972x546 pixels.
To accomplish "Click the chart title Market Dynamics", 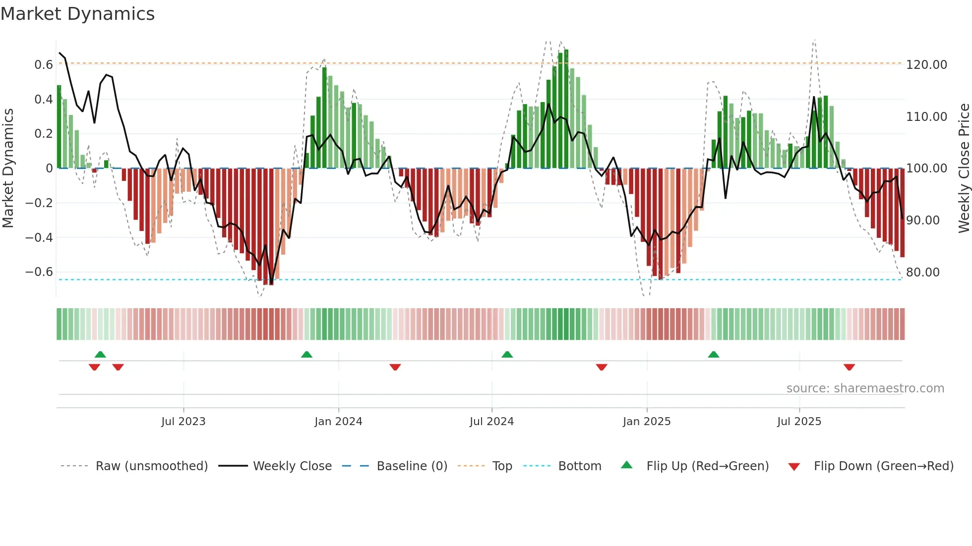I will (x=77, y=14).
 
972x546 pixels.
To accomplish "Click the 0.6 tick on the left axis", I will (x=44, y=65).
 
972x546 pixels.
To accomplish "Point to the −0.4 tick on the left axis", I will (x=39, y=238).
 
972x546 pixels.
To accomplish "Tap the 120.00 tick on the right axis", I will (x=926, y=65).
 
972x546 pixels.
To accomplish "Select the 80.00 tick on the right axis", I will (x=922, y=273).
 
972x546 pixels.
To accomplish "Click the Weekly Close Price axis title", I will (x=964, y=168).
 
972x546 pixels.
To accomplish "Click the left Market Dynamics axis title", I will (x=8, y=168).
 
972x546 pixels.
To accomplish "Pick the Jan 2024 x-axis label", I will (x=338, y=422).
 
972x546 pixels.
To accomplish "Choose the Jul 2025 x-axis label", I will (x=799, y=422).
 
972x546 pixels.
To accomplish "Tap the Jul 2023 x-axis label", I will (x=183, y=422).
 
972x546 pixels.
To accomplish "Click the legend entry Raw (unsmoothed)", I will (x=151, y=466).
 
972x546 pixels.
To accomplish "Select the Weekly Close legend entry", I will (x=292, y=466).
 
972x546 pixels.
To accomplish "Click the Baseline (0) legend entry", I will (x=412, y=466).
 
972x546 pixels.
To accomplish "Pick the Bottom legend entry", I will (x=579, y=466).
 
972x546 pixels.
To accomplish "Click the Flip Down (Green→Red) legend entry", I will (x=883, y=466).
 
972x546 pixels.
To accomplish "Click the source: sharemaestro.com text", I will (x=865, y=388).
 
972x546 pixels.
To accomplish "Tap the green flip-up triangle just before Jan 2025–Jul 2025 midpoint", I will (x=714, y=355).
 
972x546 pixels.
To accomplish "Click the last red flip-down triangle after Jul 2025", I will (x=849, y=367).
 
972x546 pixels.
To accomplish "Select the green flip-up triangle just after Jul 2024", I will (x=507, y=355).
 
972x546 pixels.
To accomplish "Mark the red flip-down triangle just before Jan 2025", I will (x=602, y=367).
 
